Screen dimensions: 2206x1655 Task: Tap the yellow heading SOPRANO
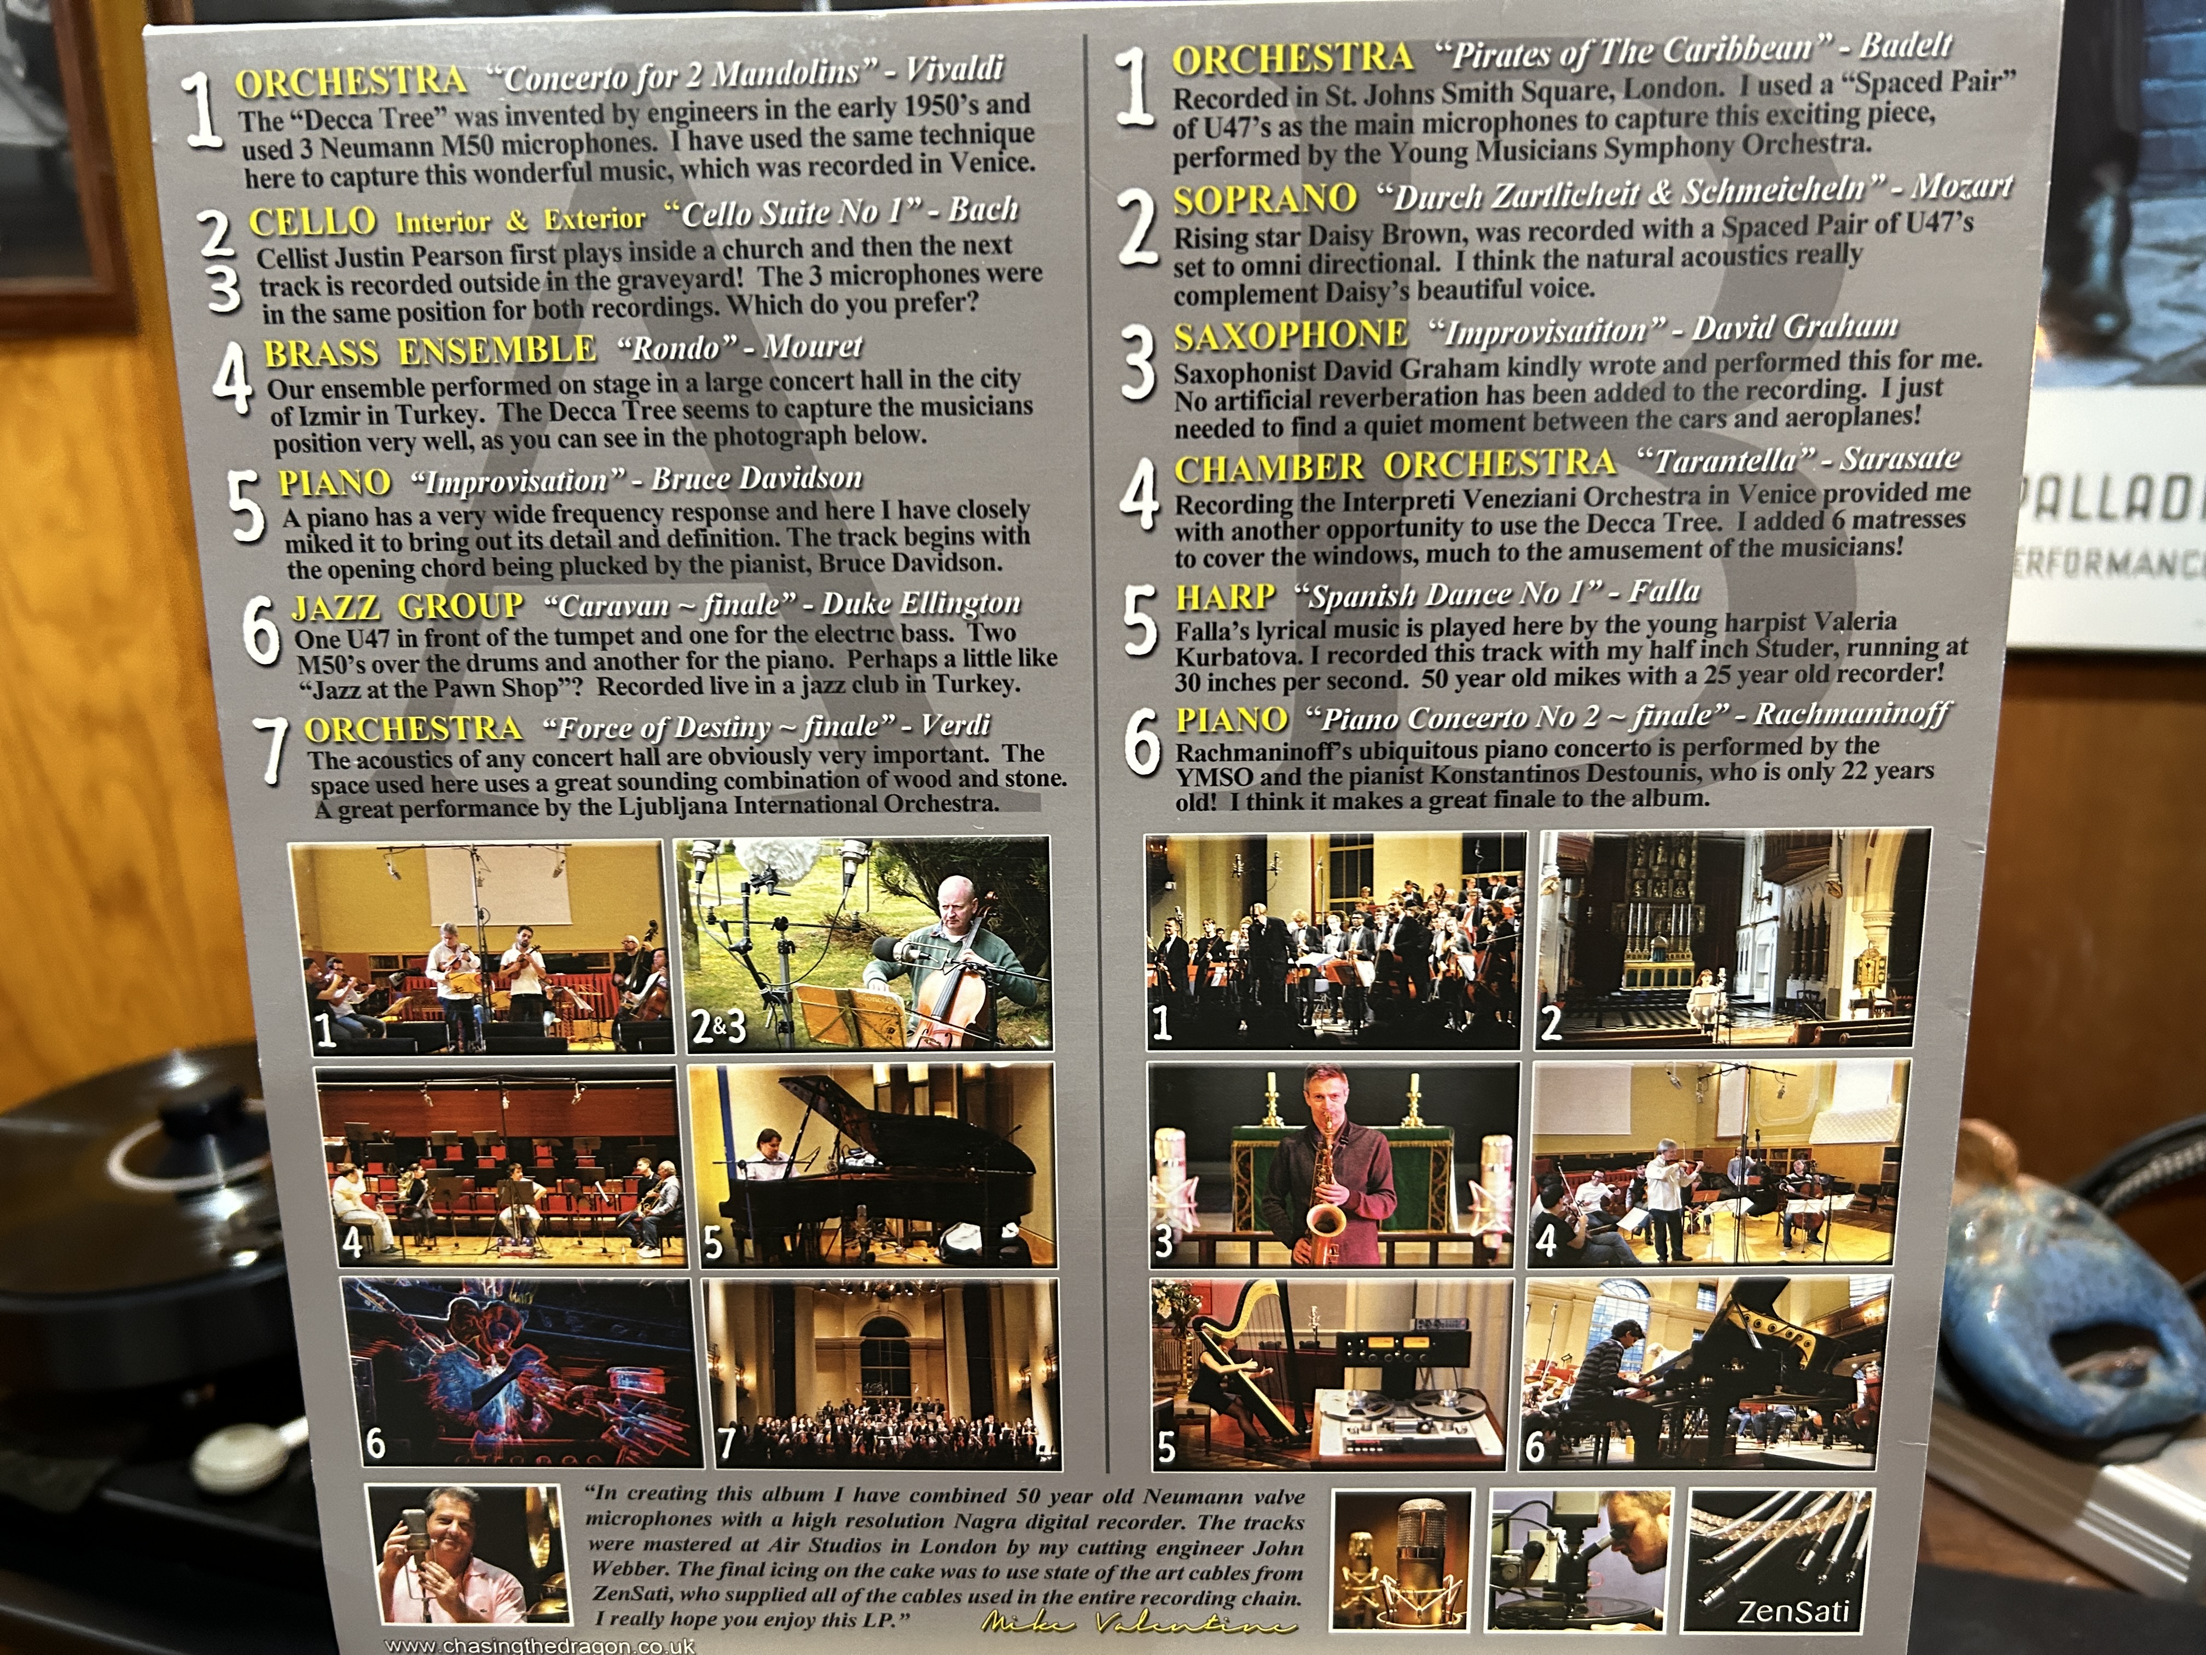[x=1264, y=199]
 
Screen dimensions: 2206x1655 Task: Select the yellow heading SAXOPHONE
[x=1291, y=335]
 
